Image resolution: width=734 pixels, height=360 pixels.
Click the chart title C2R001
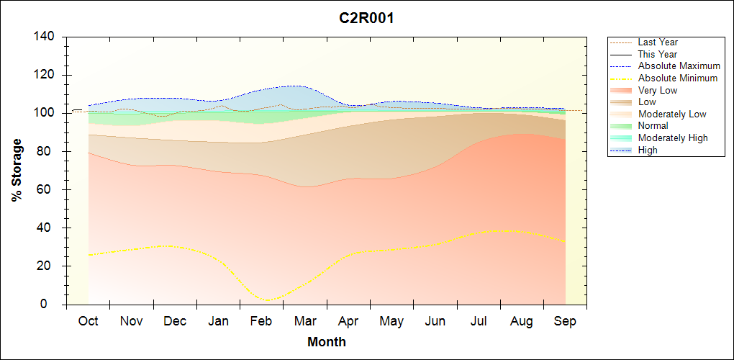tap(366, 18)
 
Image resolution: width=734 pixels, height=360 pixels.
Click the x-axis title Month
tap(326, 342)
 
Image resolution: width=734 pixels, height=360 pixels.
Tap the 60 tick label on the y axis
tap(50, 190)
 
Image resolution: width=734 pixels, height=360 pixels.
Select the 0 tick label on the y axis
tap(53, 305)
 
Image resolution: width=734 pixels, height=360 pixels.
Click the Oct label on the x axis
tap(88, 321)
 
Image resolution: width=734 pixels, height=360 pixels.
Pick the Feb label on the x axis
tap(261, 321)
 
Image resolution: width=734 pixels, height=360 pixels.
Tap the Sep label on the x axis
tap(565, 321)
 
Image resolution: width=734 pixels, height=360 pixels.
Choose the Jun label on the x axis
tap(435, 321)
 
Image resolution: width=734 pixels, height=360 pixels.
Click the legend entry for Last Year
tap(658, 42)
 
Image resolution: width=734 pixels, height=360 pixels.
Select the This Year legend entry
tap(658, 54)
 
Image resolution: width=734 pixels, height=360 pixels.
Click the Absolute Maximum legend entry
tap(679, 66)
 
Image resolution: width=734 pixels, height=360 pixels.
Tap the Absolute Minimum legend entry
tap(678, 78)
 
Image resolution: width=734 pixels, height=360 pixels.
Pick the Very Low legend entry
tap(658, 90)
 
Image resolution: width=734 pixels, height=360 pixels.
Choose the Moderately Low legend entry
tap(672, 114)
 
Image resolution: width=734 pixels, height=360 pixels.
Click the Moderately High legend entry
tap(673, 138)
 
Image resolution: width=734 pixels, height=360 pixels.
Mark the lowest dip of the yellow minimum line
tap(268, 300)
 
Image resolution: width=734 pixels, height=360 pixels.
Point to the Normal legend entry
tap(653, 126)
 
